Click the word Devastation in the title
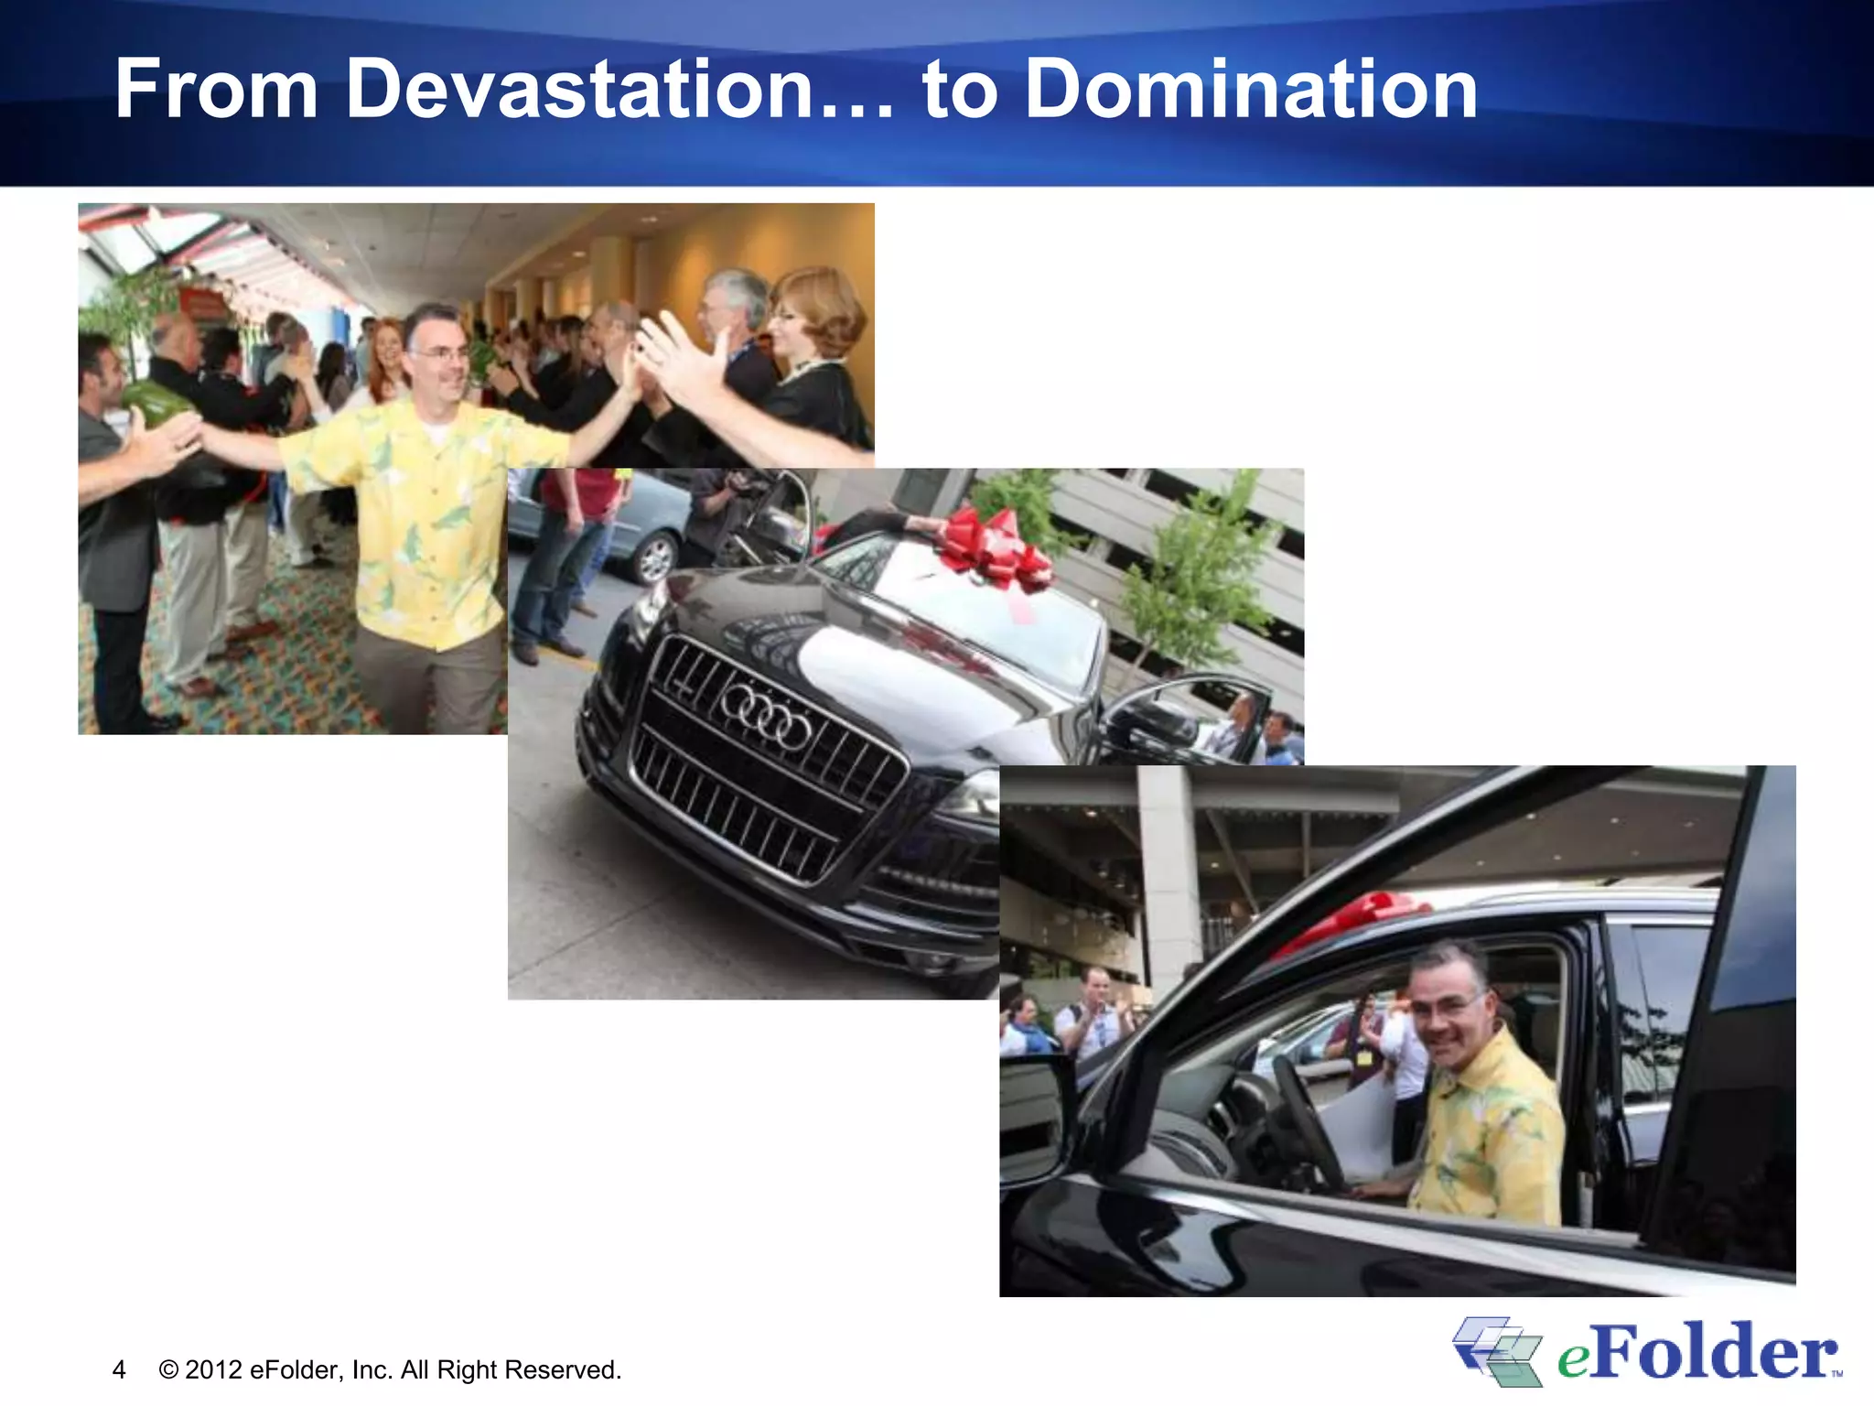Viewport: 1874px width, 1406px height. (x=579, y=89)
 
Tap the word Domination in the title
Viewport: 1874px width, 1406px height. (x=1250, y=89)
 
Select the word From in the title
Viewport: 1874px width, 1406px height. (x=216, y=89)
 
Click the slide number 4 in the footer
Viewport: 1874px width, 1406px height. (x=119, y=1370)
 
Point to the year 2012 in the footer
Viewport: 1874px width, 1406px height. (x=213, y=1370)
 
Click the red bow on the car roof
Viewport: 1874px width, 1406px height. (x=1354, y=915)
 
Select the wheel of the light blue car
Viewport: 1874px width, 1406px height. (x=655, y=557)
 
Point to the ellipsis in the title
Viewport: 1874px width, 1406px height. (x=856, y=110)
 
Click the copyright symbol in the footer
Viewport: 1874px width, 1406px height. (x=168, y=1370)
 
